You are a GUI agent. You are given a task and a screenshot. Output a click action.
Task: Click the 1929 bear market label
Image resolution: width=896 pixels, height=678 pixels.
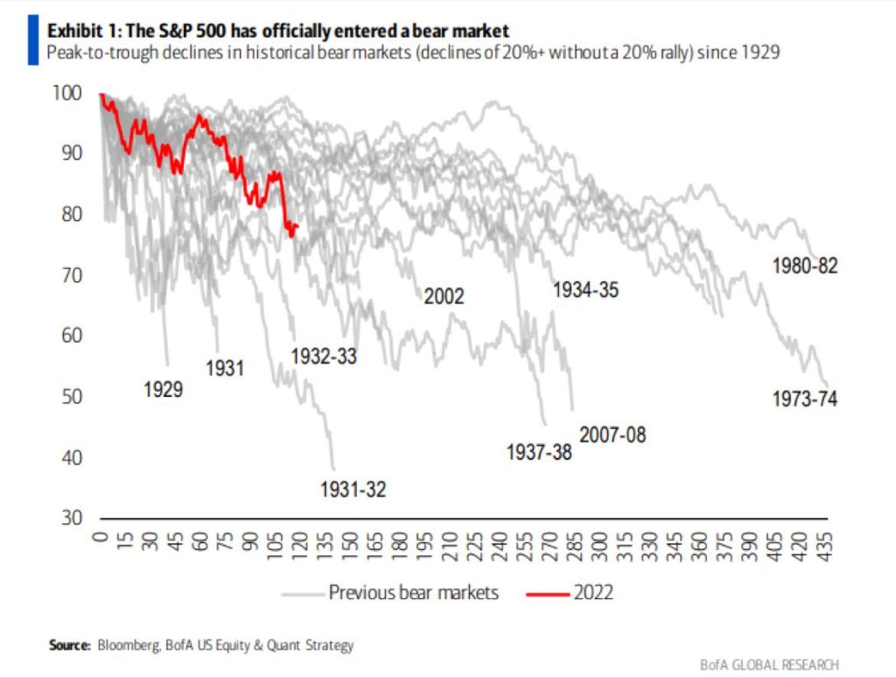coord(164,389)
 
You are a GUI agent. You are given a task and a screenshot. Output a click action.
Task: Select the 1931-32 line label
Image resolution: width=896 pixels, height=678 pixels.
coord(353,490)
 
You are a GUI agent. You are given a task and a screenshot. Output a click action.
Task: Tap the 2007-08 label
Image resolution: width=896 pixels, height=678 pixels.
coord(612,434)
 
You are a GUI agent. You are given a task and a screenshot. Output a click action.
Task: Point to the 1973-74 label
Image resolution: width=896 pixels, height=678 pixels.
coord(805,399)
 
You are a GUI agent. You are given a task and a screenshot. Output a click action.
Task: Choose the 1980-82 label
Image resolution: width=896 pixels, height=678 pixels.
coord(805,265)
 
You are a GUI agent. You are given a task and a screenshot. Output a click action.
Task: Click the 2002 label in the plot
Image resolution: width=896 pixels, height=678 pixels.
coord(444,296)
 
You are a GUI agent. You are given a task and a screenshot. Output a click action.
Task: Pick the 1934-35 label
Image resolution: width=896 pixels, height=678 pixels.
coord(585,289)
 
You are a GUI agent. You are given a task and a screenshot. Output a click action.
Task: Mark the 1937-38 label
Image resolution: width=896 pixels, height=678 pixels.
coord(540,452)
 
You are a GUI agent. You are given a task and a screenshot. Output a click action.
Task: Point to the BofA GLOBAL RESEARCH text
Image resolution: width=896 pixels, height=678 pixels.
coord(769,665)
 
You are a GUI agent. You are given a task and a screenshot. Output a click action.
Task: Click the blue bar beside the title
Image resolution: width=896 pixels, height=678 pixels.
coord(33,41)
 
